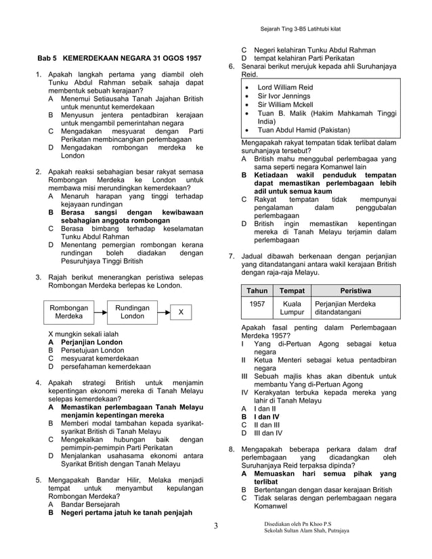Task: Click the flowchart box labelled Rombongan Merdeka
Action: coord(68,312)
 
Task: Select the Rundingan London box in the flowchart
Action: coord(132,312)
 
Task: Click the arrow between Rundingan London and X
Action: coord(163,313)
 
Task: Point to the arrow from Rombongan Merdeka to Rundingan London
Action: coord(100,313)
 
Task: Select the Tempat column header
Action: coord(292,290)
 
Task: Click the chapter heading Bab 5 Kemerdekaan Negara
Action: coord(118,59)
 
